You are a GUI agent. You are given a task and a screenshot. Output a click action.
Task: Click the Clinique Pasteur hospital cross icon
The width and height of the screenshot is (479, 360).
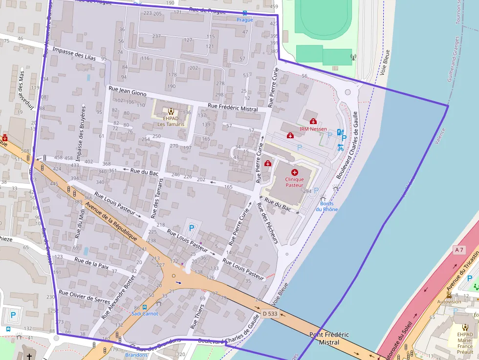pos(295,172)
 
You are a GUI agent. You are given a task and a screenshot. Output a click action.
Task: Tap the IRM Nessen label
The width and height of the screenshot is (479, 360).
pos(313,129)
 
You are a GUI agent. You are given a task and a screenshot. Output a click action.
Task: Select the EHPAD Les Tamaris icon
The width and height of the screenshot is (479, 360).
pos(171,111)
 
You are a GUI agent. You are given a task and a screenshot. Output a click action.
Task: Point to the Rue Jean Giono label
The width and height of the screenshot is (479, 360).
pos(127,90)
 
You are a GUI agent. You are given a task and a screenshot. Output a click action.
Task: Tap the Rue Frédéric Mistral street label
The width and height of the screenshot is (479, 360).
pos(233,107)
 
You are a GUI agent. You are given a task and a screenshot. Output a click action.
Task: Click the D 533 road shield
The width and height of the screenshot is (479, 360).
pos(270,313)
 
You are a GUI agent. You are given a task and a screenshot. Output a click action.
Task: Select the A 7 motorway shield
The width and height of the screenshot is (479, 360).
pos(458,250)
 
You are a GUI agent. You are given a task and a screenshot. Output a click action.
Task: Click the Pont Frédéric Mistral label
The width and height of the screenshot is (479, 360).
pos(329,339)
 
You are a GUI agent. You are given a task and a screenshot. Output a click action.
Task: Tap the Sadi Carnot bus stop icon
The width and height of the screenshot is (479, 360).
pos(144,307)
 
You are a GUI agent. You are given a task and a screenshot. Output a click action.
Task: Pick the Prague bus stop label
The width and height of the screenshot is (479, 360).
pos(245,20)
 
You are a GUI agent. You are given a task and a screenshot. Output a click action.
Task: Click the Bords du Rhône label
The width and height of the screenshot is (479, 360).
pos(327,206)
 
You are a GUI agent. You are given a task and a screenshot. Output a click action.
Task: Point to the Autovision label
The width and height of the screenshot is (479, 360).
pos(449,301)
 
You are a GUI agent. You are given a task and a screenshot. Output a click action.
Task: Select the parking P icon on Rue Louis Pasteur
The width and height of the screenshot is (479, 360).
pos(191,228)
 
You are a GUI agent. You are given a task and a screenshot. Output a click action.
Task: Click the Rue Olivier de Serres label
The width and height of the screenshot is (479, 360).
pos(84,296)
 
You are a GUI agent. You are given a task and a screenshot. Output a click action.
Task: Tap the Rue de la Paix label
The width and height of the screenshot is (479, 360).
pos(91,264)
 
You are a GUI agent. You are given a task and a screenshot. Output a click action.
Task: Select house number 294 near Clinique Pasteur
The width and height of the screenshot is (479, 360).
pos(307,191)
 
